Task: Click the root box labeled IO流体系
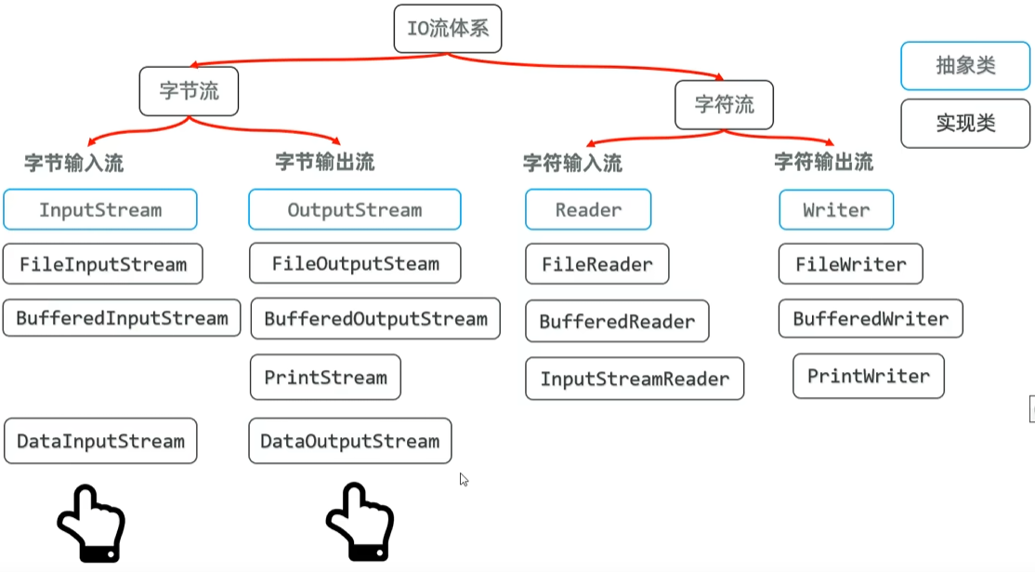coord(448,28)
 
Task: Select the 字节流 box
coord(190,91)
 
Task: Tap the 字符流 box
coord(725,104)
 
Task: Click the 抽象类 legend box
coord(965,65)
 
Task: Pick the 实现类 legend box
coord(965,123)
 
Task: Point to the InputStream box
coord(100,209)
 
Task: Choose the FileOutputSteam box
coord(355,263)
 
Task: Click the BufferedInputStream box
coord(122,318)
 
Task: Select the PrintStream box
coord(325,377)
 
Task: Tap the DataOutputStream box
coord(349,441)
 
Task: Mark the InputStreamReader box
coord(635,379)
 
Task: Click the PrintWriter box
coord(868,376)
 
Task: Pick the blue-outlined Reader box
coord(588,209)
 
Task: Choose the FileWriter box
coord(850,264)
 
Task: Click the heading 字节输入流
coord(73,164)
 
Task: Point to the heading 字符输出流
coord(823,162)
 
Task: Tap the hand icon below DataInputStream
coord(91,524)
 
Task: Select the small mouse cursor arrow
coord(464,479)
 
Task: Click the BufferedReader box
coord(617,321)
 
